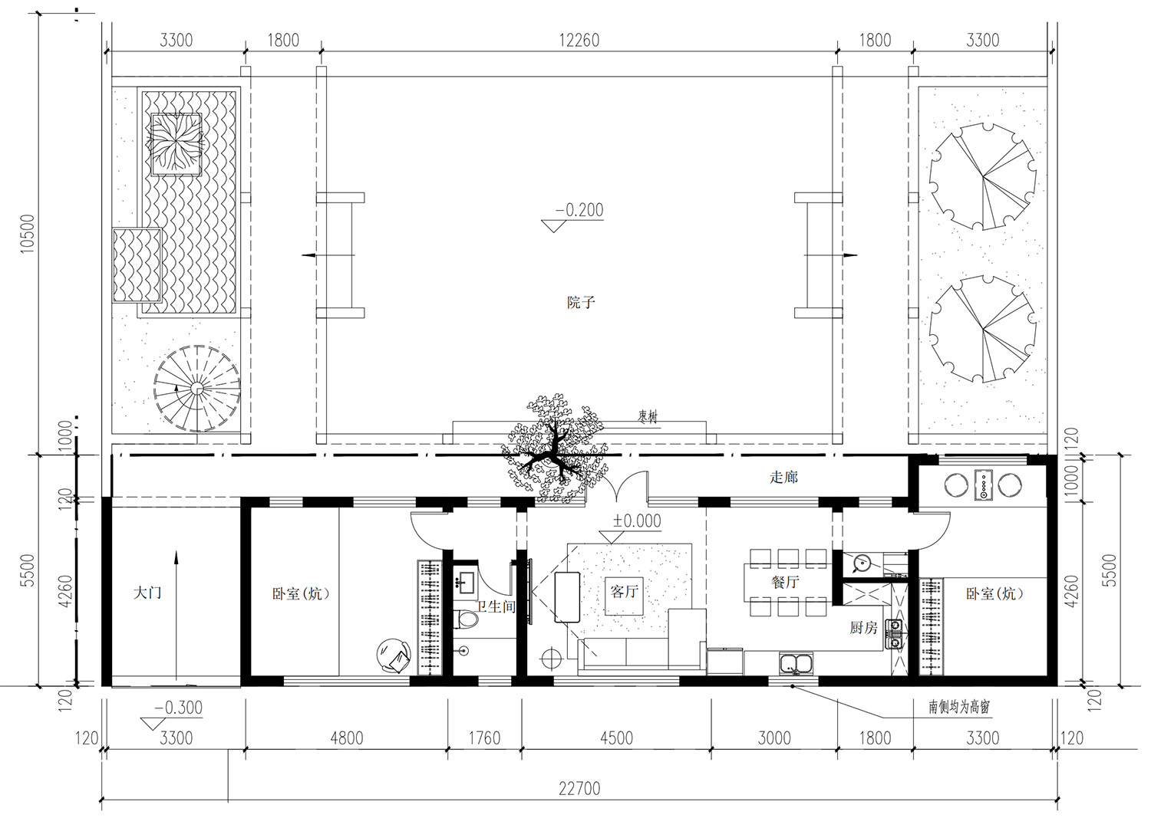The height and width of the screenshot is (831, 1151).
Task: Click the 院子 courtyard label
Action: pos(581,302)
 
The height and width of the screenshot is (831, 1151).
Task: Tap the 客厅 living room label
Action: pos(625,591)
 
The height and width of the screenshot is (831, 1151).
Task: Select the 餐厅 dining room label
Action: pos(785,582)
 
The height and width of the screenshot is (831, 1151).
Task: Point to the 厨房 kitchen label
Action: pos(863,627)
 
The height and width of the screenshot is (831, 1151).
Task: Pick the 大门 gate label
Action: pos(147,593)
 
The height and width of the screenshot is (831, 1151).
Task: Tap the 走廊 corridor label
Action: pos(783,477)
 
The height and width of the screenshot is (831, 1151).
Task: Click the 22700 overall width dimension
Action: pos(579,788)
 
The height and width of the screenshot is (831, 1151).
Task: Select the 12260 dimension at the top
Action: pos(579,40)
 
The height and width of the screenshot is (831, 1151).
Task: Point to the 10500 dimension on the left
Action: pos(27,234)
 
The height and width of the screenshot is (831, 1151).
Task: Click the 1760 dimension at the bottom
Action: pos(484,738)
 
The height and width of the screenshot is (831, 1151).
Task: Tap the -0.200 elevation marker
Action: pos(573,218)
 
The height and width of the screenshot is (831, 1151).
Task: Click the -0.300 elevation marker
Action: pos(172,716)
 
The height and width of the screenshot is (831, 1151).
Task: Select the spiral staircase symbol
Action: pos(196,389)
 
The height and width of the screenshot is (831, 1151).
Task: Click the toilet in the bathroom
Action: pos(466,619)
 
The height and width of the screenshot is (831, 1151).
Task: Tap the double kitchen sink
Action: pos(796,662)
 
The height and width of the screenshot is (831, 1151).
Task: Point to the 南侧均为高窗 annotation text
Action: pos(959,707)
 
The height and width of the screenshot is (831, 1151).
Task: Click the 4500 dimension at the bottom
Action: pos(617,738)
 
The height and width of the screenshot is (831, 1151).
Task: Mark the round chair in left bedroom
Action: pos(394,655)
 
